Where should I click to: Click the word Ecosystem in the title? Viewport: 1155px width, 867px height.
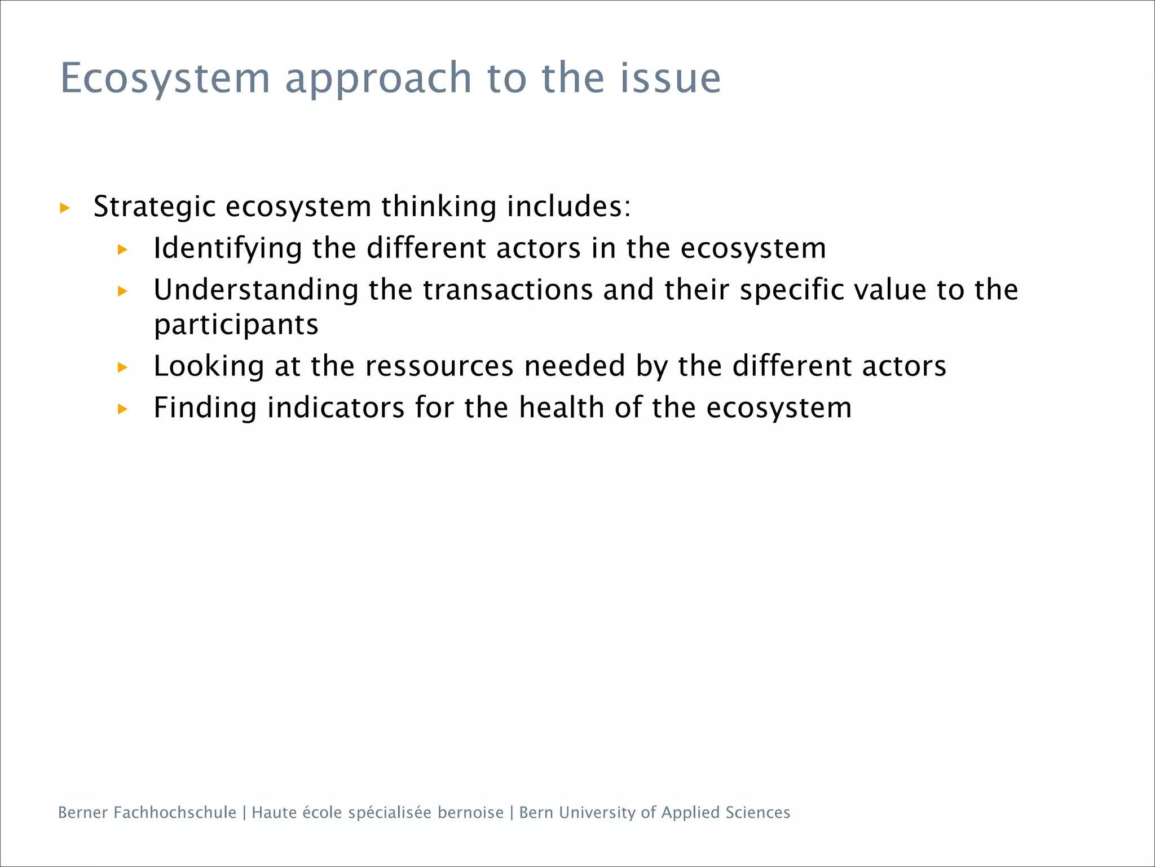(165, 78)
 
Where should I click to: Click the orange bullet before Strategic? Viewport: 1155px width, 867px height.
(65, 208)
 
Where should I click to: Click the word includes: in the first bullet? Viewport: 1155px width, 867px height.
(568, 206)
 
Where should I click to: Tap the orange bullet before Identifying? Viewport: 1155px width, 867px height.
(122, 249)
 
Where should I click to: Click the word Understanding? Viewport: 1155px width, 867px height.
(256, 290)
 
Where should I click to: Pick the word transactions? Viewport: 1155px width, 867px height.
(508, 290)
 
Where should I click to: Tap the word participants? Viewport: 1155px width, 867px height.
(236, 325)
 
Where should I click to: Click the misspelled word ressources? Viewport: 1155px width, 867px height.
(439, 366)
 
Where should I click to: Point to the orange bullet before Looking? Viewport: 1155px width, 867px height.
(122, 368)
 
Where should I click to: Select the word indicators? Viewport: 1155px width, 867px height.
(336, 408)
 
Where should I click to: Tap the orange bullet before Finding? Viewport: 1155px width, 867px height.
(122, 409)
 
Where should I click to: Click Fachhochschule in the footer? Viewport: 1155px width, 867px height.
(175, 812)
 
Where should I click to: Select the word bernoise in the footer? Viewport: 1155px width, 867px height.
(470, 812)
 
